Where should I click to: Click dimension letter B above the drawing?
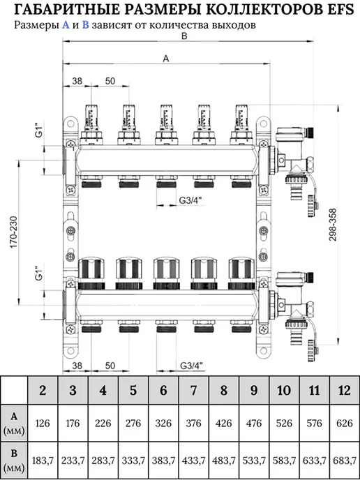184,36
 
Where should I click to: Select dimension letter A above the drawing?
166,59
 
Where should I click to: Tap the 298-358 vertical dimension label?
333,225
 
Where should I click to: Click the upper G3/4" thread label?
190,200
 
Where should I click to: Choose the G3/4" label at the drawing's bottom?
191,366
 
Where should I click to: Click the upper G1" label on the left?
38,130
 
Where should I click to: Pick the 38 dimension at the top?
77,81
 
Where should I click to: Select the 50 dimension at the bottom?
110,366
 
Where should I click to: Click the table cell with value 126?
43,423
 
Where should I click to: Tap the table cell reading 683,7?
345,460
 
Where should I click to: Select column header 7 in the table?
194,390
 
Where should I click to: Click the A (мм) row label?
14,423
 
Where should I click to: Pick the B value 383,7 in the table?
163,460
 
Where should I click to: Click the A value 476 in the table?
254,423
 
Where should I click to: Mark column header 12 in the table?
345,390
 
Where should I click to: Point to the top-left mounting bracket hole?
70,123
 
